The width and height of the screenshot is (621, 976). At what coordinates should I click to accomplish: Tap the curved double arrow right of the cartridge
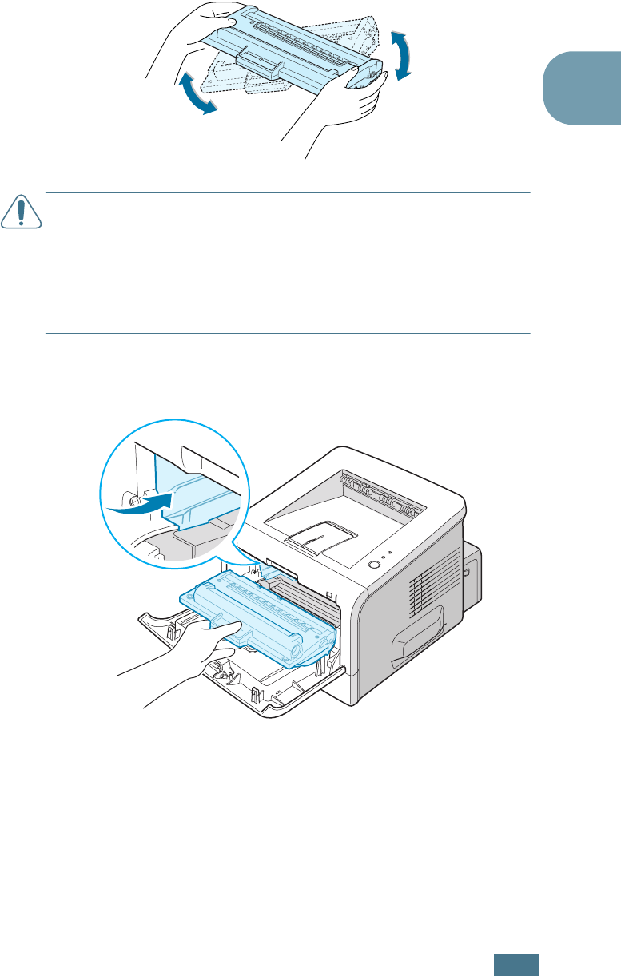404,55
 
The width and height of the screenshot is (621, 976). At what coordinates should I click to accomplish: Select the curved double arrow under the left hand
196,93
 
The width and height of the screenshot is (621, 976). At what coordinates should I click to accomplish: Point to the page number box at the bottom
516,963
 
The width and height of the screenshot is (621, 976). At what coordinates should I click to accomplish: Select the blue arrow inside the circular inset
148,503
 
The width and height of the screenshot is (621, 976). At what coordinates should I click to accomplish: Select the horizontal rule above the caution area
288,192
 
